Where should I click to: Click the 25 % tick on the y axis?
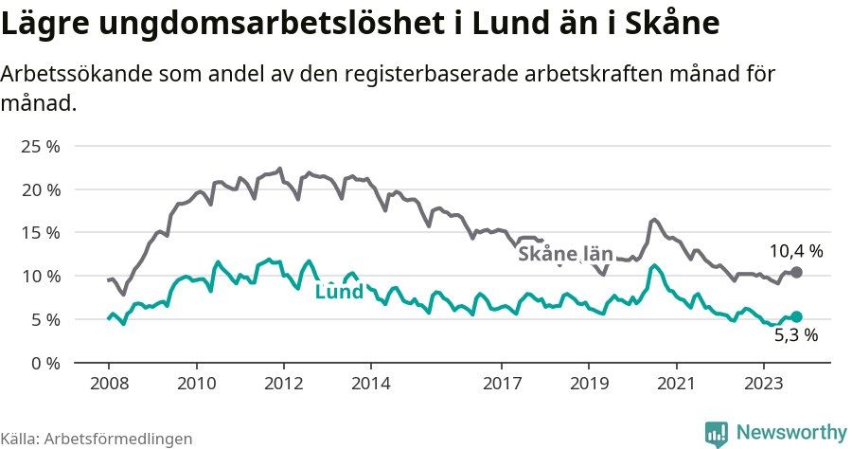click(40, 147)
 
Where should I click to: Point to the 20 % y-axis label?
click(40, 189)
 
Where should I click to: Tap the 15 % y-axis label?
click(40, 233)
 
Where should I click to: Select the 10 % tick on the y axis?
click(40, 277)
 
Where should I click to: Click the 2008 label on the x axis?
click(108, 384)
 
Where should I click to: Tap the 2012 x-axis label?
click(283, 384)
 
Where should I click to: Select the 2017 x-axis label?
click(502, 384)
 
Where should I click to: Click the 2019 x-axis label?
click(589, 384)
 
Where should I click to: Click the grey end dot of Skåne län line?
click(796, 273)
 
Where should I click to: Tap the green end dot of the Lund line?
click(796, 316)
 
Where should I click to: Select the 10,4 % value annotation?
click(795, 252)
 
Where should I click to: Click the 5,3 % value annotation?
click(795, 334)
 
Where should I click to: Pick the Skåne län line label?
click(566, 254)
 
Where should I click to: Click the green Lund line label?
click(339, 292)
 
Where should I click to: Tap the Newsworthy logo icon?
click(717, 433)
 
